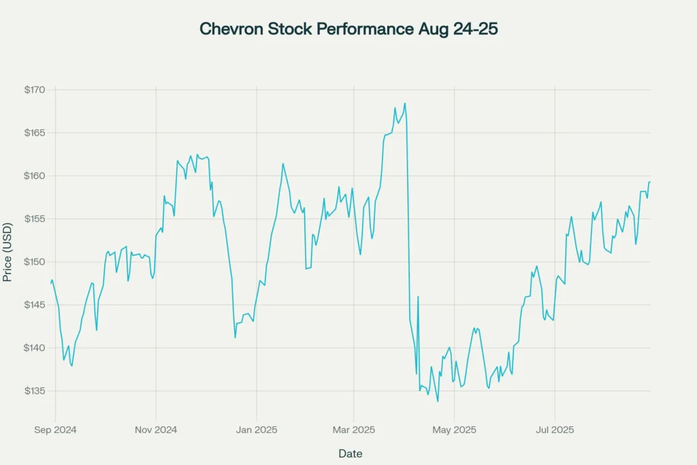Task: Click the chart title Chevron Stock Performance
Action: point(348,29)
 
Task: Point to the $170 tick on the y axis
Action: point(34,90)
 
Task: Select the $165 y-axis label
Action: point(34,133)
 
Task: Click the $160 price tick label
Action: point(34,176)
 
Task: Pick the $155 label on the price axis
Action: point(34,219)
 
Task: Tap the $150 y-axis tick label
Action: point(34,262)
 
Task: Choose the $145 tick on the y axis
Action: point(34,305)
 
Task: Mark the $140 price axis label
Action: point(34,348)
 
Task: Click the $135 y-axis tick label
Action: point(34,391)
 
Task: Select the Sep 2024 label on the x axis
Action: point(55,430)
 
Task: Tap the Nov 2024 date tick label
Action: point(156,430)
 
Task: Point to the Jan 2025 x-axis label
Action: point(257,430)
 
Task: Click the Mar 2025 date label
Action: point(353,430)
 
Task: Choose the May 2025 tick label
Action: point(455,430)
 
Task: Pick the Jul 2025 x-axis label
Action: point(554,430)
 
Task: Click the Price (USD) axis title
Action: point(7,252)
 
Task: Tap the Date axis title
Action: point(351,453)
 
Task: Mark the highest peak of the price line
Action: point(405,103)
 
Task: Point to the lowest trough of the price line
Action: point(438,401)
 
